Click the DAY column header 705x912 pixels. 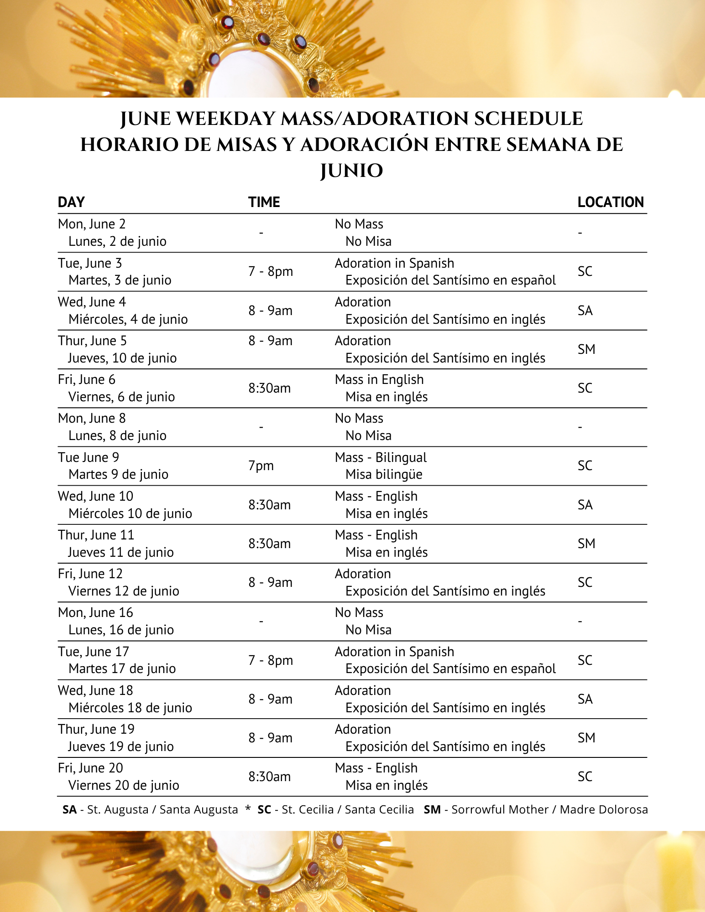[x=71, y=202]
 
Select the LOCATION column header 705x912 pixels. [x=610, y=202]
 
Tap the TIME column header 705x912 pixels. [x=264, y=202]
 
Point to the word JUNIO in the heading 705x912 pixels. [x=351, y=171]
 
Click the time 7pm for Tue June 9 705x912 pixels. [x=261, y=466]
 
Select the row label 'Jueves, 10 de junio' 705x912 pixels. [x=122, y=358]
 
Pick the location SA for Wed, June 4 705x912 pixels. [x=585, y=311]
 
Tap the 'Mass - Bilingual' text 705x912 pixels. [x=381, y=457]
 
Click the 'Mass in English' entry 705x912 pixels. [x=379, y=379]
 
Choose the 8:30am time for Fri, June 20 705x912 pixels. [x=269, y=777]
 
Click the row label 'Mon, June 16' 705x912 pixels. [x=95, y=612]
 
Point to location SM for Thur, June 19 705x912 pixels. [x=586, y=738]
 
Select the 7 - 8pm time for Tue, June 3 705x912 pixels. [x=270, y=271]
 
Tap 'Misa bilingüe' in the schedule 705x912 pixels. [x=384, y=475]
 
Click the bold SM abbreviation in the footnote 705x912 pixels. [x=432, y=809]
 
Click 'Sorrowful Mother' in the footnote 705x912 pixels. [x=500, y=809]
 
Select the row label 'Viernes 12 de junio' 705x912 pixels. [x=124, y=591]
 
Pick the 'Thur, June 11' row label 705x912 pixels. [x=96, y=535]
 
